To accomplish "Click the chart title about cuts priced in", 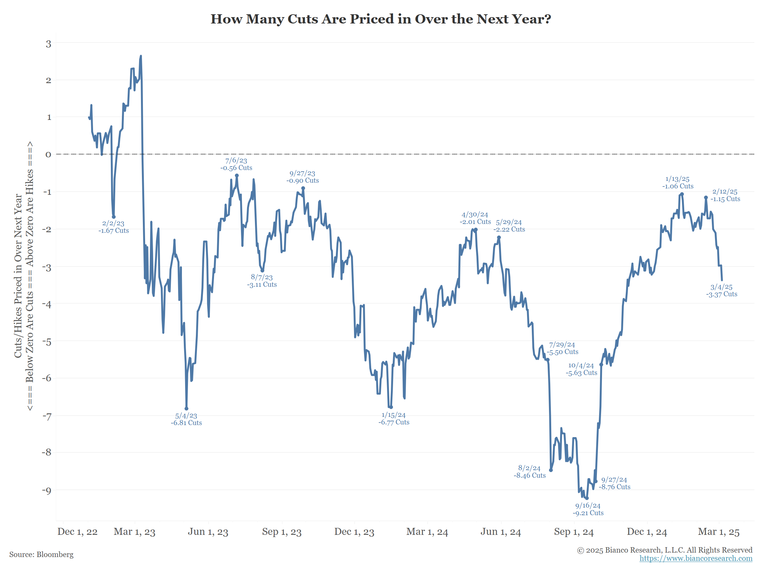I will (x=381, y=19).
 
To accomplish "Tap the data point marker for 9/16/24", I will (x=587, y=498).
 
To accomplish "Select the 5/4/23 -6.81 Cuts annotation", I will (x=186, y=419).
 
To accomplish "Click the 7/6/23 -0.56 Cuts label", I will (x=236, y=164).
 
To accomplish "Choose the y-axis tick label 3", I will (x=49, y=44).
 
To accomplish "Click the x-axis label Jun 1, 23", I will (x=208, y=532).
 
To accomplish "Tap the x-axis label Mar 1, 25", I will (x=719, y=532).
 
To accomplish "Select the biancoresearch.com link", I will (x=696, y=558).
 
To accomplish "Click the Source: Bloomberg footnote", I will (x=41, y=555).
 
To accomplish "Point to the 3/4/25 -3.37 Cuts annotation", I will (x=722, y=291).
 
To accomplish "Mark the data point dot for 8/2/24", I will (x=551, y=470).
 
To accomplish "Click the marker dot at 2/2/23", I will (x=114, y=217).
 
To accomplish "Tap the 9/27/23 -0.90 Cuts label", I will (x=303, y=177).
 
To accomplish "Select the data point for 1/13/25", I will (x=682, y=194).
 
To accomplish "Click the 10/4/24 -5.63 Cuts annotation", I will (x=581, y=369).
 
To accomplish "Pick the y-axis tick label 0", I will (x=48, y=154).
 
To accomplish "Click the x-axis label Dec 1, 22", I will (x=77, y=532).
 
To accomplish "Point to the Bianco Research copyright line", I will (x=665, y=550).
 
